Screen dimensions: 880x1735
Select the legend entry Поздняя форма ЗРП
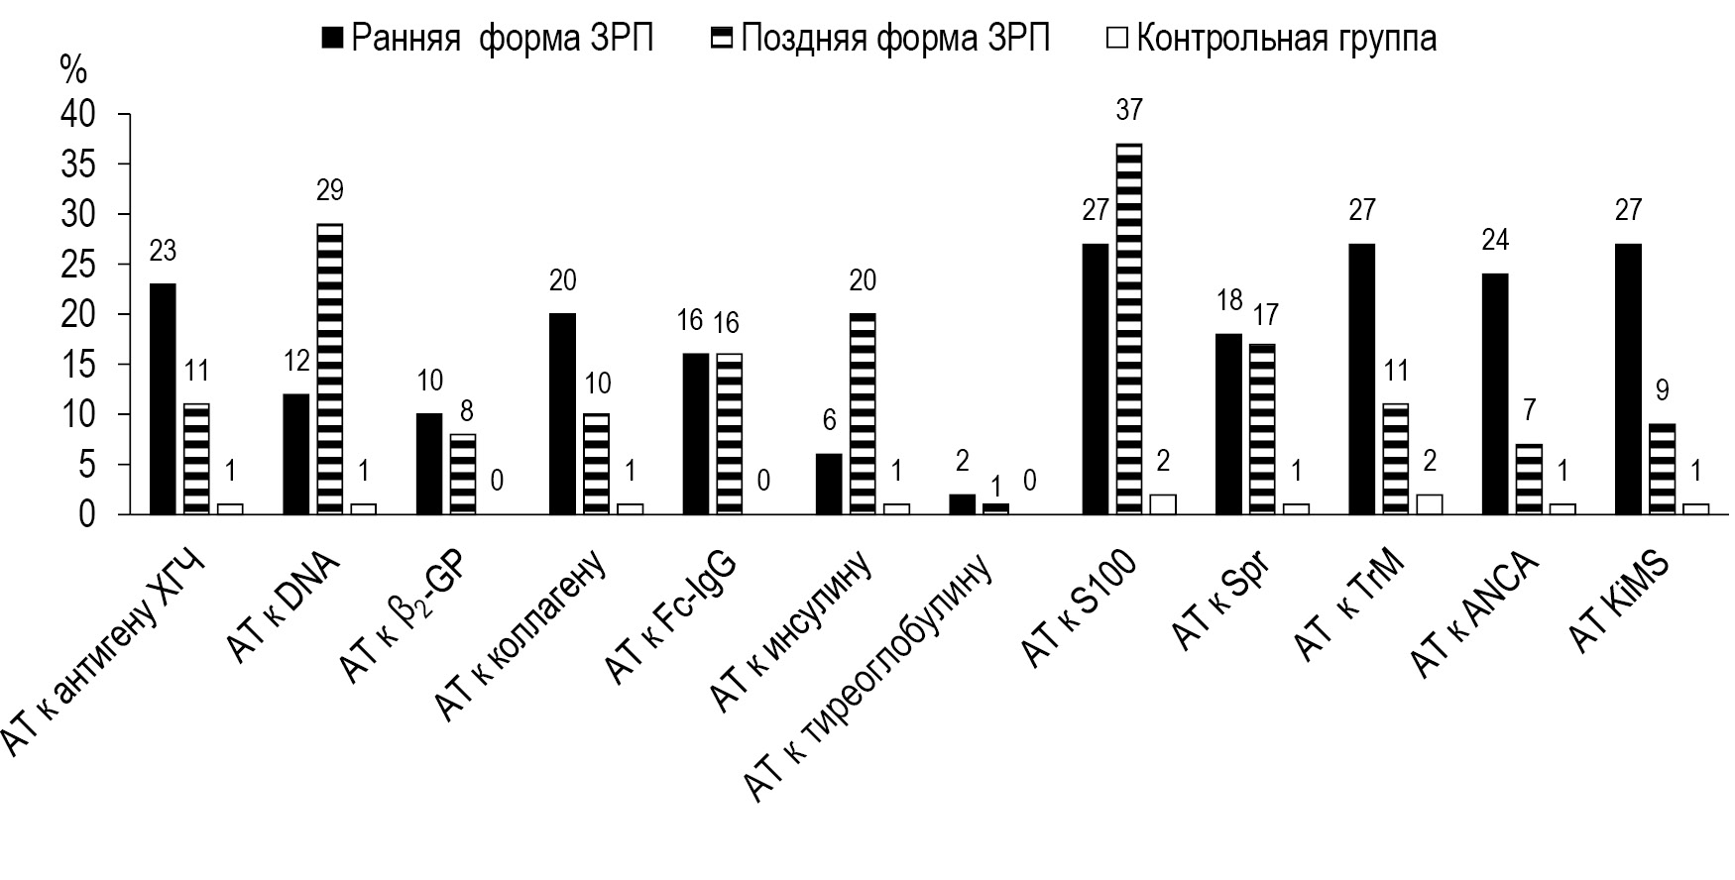coord(881,38)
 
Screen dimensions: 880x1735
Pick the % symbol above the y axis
coord(74,69)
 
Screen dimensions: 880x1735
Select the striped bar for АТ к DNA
coord(330,369)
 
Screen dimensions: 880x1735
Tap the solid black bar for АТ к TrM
coord(1362,379)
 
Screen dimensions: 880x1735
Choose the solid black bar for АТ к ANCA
coord(1495,393)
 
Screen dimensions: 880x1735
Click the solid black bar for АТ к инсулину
coord(828,484)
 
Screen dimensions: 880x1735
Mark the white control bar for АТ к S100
coord(1162,503)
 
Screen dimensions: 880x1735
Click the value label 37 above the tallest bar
coord(1128,109)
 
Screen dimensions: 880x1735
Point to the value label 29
coord(330,189)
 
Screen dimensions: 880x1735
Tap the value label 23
coord(163,251)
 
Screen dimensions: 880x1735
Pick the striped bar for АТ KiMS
coord(1662,469)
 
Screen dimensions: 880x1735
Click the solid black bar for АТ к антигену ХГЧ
coord(163,398)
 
